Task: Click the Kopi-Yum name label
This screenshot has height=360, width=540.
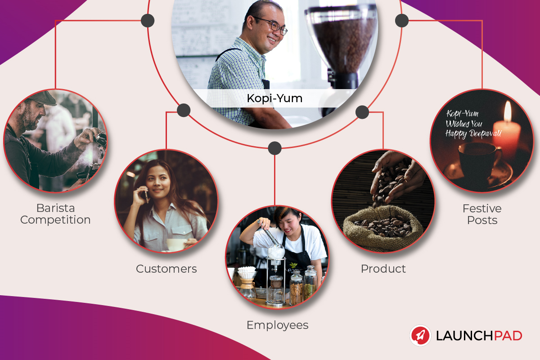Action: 274,99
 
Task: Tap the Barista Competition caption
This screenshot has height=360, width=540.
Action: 55,214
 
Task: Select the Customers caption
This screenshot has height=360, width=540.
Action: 166,269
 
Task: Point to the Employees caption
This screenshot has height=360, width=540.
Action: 278,325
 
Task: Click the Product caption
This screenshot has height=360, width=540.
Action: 383,269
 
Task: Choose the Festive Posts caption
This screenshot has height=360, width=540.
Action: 482,214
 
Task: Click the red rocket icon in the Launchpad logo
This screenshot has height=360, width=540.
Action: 420,335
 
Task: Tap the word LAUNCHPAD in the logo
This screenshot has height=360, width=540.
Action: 479,336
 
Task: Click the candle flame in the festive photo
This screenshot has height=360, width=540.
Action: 508,111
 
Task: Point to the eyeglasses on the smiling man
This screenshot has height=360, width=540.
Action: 272,25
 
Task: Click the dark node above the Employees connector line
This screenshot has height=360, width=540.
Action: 274,148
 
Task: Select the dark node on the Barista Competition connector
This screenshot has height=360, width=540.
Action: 148,21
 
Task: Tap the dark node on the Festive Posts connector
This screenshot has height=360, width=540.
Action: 401,20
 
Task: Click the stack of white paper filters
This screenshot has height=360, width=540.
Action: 247,272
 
